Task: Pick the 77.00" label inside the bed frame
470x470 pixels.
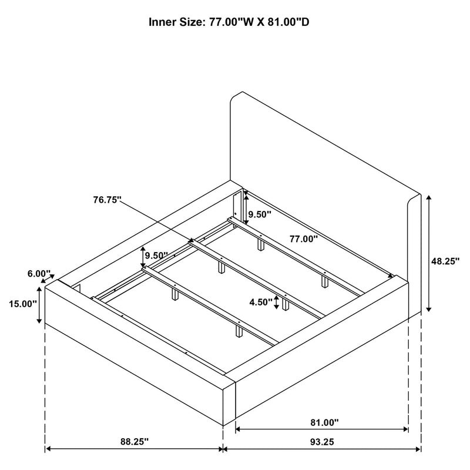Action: [x=303, y=239]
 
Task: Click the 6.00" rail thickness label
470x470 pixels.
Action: [x=39, y=274]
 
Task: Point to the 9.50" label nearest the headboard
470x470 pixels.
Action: [x=258, y=215]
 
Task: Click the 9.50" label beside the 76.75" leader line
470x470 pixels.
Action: [x=157, y=256]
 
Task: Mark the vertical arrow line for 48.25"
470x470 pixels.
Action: [x=429, y=253]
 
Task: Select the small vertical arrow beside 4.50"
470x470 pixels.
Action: [x=276, y=302]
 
